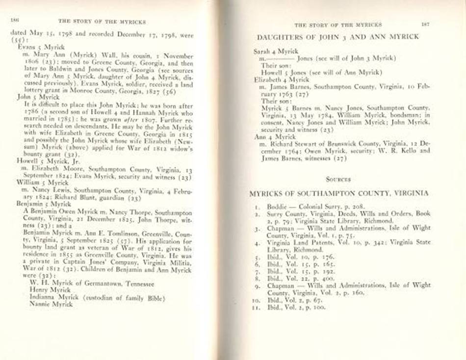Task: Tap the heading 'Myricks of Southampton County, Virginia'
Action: [339, 193]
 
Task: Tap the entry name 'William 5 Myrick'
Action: [38, 181]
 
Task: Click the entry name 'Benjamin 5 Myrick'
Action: [39, 203]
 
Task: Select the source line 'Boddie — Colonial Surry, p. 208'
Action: [306, 206]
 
